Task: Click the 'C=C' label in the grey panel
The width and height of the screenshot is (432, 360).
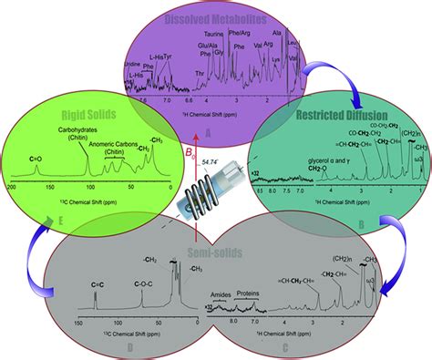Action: click(x=98, y=285)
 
